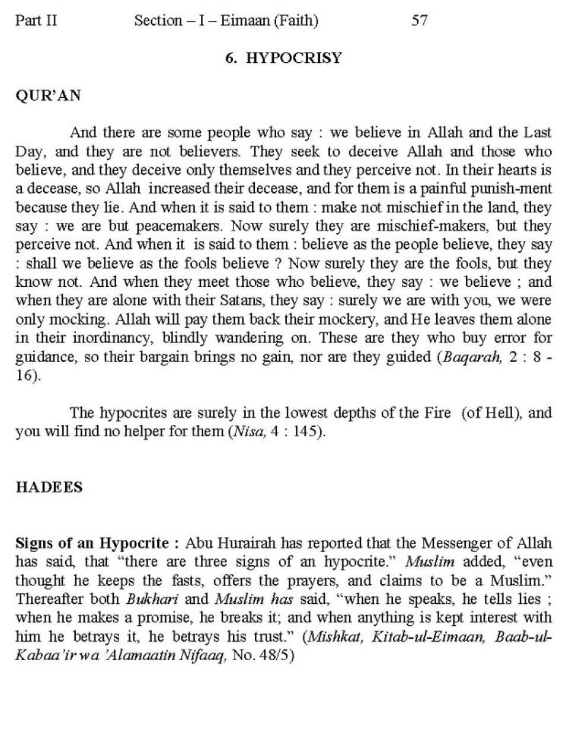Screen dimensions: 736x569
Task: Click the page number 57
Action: pos(419,21)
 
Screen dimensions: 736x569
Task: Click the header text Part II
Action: pos(36,21)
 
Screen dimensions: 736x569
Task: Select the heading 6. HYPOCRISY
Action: pos(283,57)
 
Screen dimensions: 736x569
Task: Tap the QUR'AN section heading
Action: pos(47,95)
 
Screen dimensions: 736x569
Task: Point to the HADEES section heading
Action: pos(49,487)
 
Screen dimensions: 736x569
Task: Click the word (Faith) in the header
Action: pos(295,21)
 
